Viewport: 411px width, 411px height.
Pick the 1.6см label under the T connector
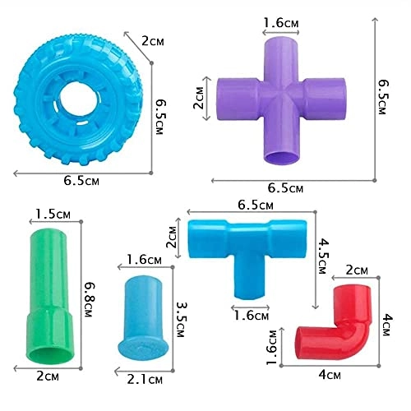250,313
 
